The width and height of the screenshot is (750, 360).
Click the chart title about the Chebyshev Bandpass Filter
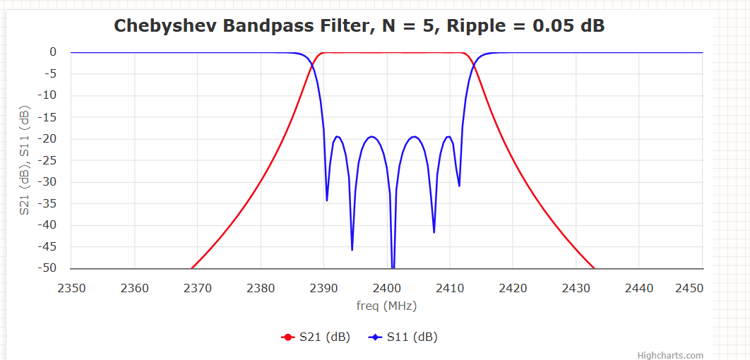point(359,26)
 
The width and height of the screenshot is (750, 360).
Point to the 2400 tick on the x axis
point(387,288)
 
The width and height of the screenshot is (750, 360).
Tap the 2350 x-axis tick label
point(71,288)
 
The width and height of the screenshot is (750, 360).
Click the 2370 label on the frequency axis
point(198,288)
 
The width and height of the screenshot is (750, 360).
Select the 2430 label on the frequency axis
point(576,288)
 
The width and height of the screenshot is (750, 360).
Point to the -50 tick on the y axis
point(48,268)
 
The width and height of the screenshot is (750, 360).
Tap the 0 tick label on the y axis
point(53,52)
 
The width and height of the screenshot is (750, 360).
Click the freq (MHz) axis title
point(386,306)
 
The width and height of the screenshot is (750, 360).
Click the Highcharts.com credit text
point(670,356)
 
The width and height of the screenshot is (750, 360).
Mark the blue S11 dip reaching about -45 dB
point(352,249)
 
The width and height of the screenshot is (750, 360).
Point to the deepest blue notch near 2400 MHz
point(393,267)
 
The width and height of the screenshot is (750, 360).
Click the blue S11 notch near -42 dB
point(434,232)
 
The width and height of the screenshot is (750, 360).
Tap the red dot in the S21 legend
point(287,337)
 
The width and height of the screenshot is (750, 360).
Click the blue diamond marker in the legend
point(375,337)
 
